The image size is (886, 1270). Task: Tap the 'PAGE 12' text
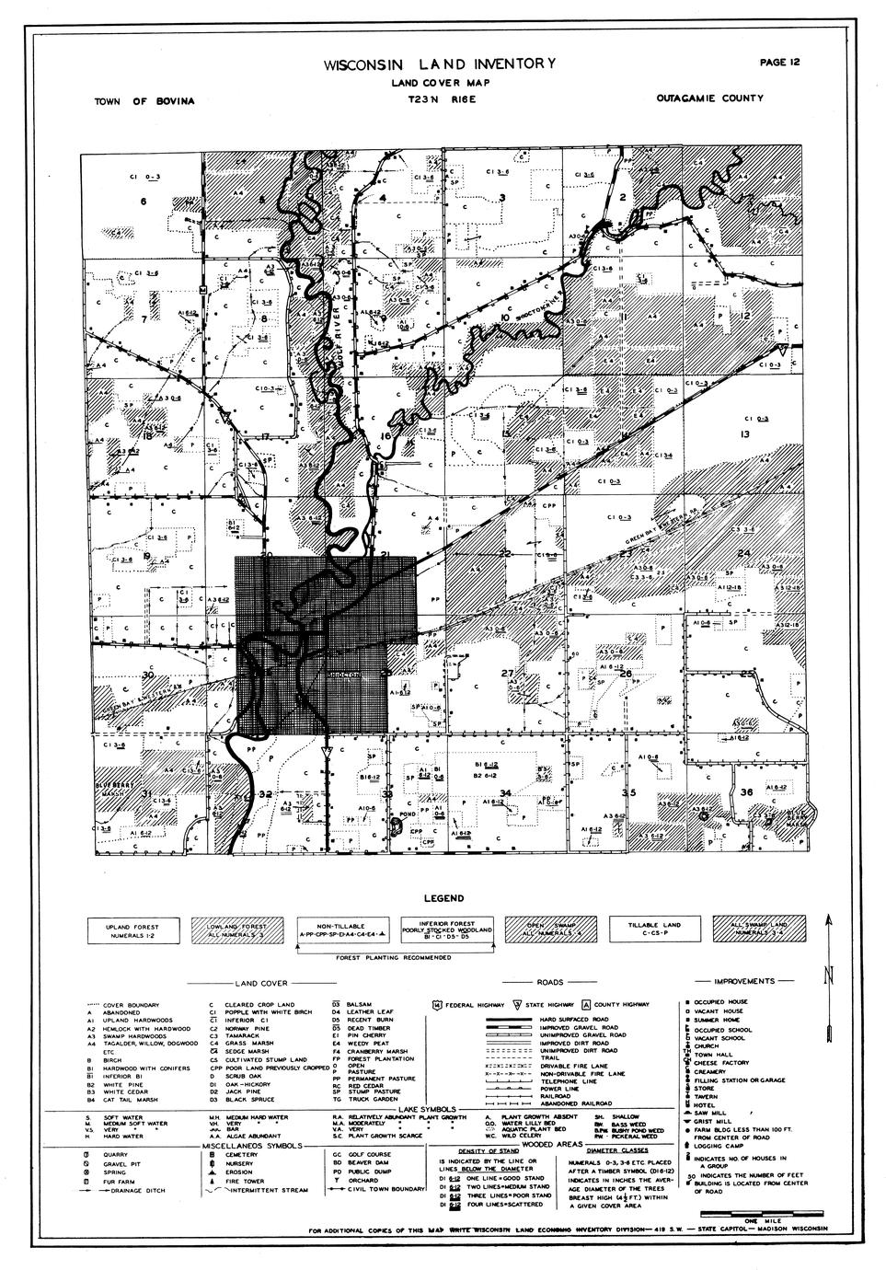tap(780, 63)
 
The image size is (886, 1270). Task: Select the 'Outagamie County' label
tap(709, 98)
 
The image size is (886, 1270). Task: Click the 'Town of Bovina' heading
tap(144, 100)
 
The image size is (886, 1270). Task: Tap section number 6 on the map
tap(144, 201)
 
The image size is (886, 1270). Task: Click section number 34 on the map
tap(505, 792)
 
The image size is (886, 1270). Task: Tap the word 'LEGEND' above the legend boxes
tap(443, 898)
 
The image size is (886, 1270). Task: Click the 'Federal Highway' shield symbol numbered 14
tap(435, 1005)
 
